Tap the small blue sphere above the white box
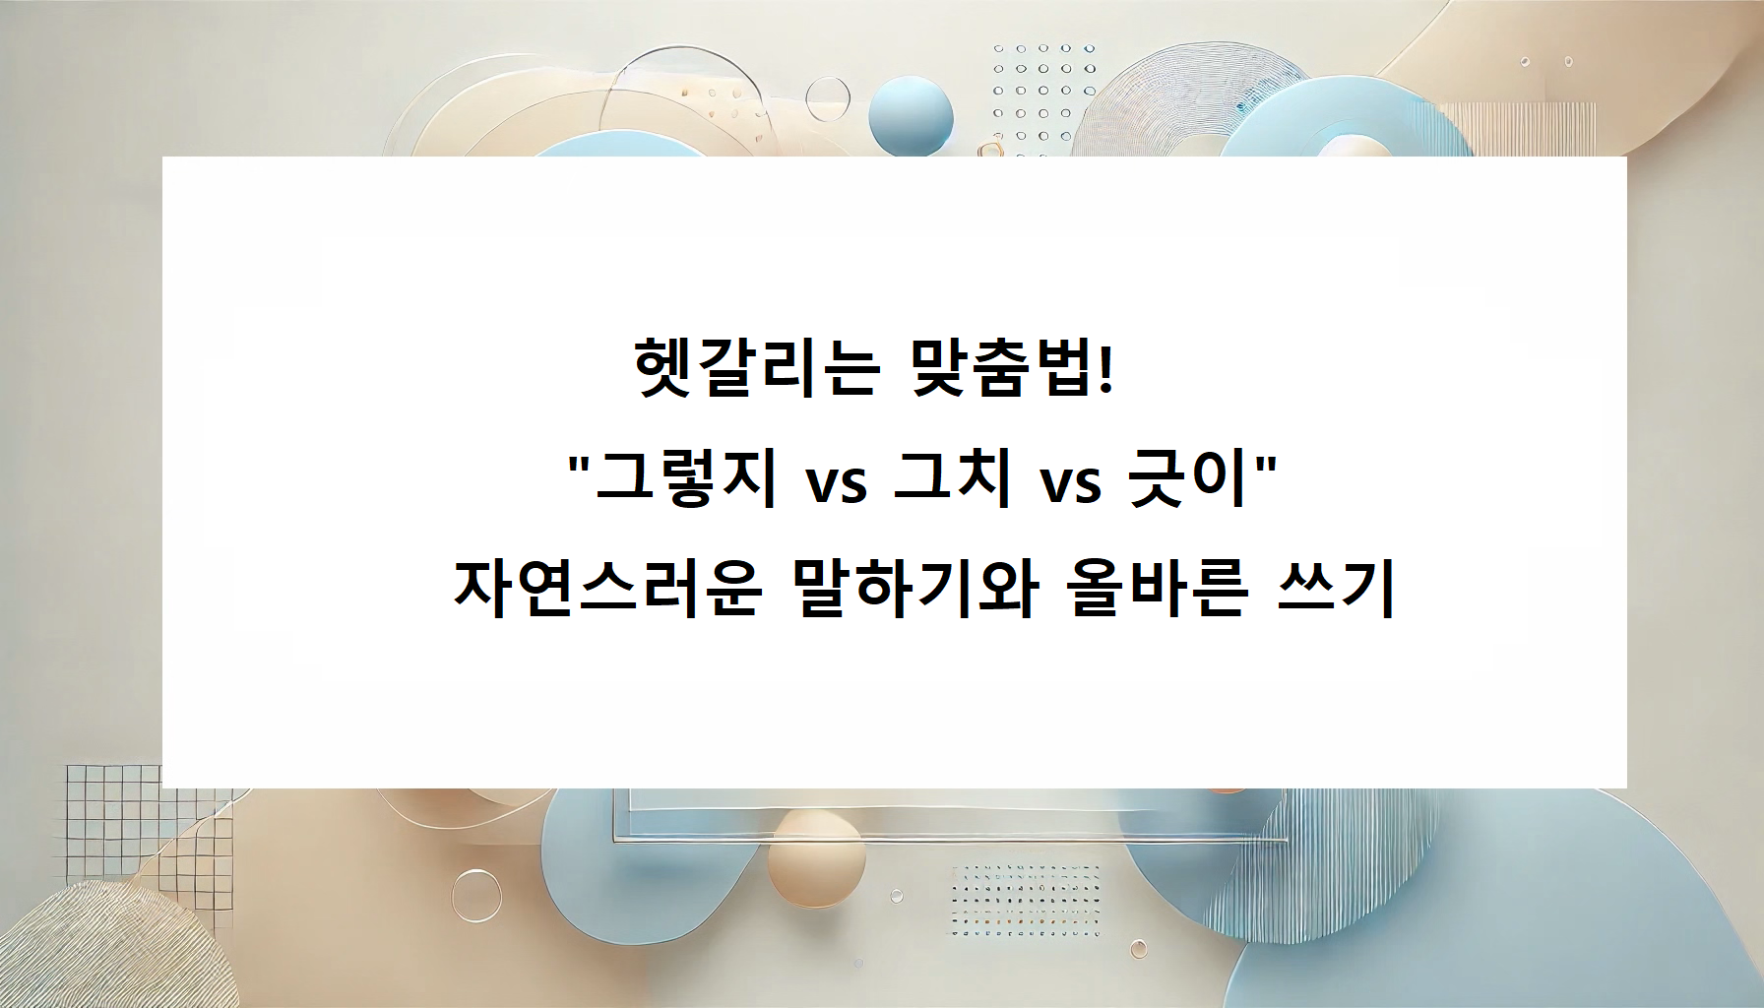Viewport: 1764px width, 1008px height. (911, 113)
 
